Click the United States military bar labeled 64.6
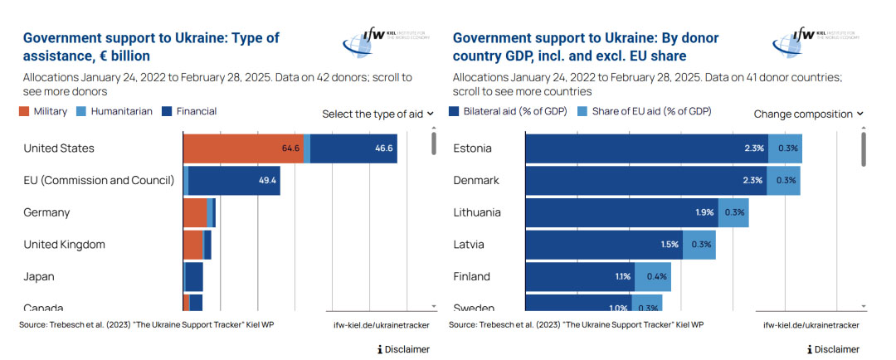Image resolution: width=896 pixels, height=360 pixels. pyautogui.click(x=243, y=148)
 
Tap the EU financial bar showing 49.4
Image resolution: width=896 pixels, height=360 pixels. pyautogui.click(x=234, y=180)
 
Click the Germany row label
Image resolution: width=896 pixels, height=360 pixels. pyautogui.click(x=46, y=212)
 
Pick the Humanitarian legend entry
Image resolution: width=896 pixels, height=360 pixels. pyautogui.click(x=115, y=111)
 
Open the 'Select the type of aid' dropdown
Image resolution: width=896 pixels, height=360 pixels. pyautogui.click(x=378, y=114)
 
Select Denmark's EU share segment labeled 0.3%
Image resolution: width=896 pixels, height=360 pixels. pyautogui.click(x=784, y=180)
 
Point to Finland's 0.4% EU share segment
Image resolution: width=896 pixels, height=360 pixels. pyautogui.click(x=652, y=276)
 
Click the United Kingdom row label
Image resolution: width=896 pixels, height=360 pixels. pyautogui.click(x=64, y=245)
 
